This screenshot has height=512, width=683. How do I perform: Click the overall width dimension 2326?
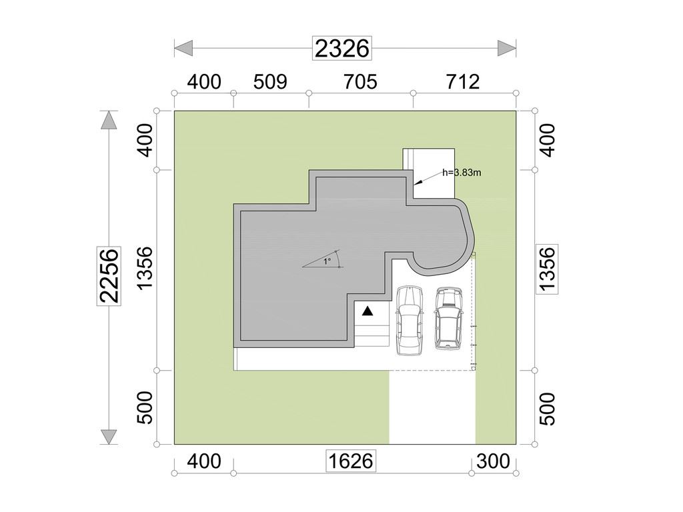point(342,48)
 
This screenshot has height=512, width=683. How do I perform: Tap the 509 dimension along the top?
point(270,82)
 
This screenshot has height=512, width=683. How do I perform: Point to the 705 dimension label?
point(360,82)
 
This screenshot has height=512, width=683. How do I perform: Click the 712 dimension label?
point(463,82)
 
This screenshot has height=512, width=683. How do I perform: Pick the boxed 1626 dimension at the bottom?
point(351,461)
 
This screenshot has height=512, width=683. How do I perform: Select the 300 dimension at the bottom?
point(493,461)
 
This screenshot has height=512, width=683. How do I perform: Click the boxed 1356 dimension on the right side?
point(547,268)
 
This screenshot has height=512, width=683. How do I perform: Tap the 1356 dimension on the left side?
point(145,268)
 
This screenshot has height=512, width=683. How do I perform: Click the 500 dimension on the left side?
point(145,407)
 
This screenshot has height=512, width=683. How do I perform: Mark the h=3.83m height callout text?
point(462,173)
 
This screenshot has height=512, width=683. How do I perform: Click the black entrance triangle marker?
point(368,311)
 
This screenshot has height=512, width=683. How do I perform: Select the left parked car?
point(410,321)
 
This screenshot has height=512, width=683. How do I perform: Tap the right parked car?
point(448,318)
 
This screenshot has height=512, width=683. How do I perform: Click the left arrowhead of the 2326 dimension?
point(183,48)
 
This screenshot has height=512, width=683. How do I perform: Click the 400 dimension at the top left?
point(204,82)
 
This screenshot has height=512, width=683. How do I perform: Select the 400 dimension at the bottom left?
point(204,461)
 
